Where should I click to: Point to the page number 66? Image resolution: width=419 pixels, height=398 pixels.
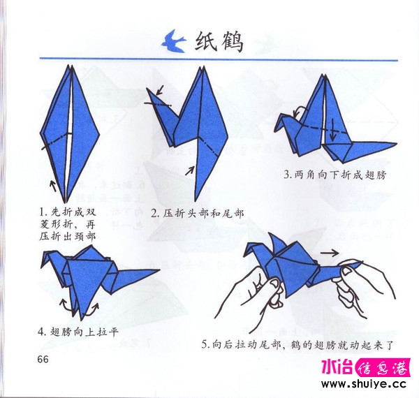coord(39,359)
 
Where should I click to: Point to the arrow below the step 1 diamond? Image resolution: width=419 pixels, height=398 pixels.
coord(52,184)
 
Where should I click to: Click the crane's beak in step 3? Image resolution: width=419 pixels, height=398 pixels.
coord(279,116)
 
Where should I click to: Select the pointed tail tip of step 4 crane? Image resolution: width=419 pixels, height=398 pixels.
coord(158,271)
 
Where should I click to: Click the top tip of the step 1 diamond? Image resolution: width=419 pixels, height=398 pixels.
coord(69,66)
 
